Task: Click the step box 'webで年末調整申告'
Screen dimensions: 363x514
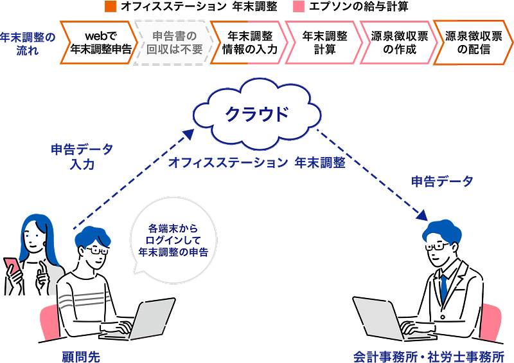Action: pos(98,42)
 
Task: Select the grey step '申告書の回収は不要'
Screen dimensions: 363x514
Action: pos(172,42)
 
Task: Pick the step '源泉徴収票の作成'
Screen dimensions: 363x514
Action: pos(394,42)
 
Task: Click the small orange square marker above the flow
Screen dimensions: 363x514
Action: pos(111,7)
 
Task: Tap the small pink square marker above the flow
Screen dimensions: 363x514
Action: pos(299,7)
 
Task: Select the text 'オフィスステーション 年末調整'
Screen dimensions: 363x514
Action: pos(257,163)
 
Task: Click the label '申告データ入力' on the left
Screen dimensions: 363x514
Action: pos(82,156)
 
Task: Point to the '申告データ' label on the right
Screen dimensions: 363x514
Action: pos(442,181)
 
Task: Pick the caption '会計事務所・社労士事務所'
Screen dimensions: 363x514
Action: pos(429,355)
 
